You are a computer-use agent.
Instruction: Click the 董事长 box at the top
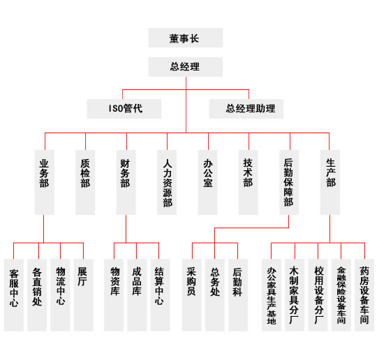click(x=186, y=38)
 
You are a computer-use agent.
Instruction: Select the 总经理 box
click(x=186, y=67)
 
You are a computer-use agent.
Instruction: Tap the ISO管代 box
click(x=124, y=109)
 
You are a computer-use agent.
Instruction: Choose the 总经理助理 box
click(x=246, y=109)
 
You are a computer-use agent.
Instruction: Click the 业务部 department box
click(x=44, y=182)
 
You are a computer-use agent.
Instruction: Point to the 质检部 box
click(x=85, y=182)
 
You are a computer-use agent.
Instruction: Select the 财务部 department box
click(x=126, y=182)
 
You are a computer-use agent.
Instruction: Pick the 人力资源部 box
click(x=167, y=182)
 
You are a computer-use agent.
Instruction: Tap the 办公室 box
click(x=208, y=182)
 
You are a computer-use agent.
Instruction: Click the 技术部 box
click(x=249, y=182)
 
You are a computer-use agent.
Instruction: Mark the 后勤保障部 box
click(x=289, y=182)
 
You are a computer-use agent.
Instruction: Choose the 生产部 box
click(x=330, y=182)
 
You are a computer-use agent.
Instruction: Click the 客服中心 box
click(x=14, y=295)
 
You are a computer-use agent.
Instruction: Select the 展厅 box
click(x=84, y=295)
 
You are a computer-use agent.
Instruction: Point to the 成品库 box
click(x=137, y=295)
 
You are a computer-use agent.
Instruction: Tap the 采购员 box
click(x=191, y=295)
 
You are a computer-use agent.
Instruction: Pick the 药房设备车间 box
click(x=364, y=295)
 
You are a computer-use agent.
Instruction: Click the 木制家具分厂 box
click(x=295, y=295)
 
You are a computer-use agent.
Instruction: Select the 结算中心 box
click(x=160, y=295)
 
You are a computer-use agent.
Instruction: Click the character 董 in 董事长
click(x=174, y=38)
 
